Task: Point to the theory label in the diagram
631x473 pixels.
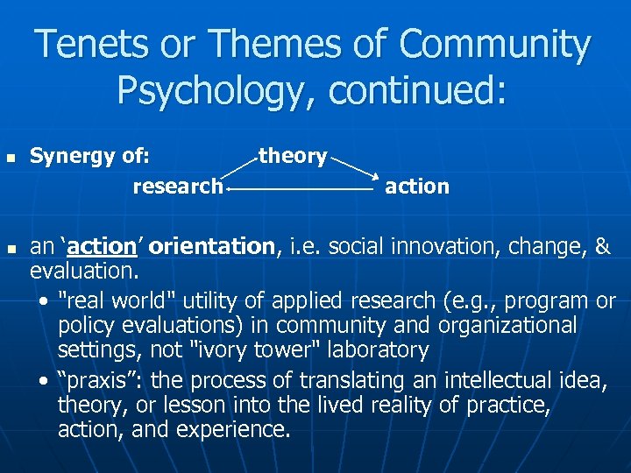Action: tap(293, 156)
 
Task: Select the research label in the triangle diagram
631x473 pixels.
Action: tap(178, 186)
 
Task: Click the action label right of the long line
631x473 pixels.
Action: tap(417, 186)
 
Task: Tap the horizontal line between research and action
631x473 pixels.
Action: tap(301, 187)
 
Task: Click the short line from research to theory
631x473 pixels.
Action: tap(242, 171)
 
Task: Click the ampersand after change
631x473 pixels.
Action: tap(602, 247)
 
